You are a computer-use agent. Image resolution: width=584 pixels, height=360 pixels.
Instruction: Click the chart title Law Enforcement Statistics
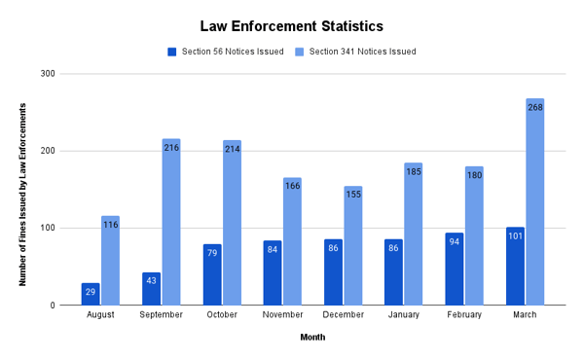tap(292, 25)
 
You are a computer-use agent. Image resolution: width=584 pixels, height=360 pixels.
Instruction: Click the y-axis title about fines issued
tap(22, 190)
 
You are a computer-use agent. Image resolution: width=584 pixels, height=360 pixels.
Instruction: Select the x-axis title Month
tap(311, 338)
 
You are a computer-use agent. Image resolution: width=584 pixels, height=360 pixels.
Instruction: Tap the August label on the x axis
tap(100, 315)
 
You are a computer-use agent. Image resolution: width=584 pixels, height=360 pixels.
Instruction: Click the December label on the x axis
tap(343, 315)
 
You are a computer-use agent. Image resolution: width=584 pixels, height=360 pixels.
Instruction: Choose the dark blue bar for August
tap(91, 295)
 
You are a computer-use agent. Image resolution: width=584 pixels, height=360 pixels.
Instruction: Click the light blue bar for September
tap(171, 223)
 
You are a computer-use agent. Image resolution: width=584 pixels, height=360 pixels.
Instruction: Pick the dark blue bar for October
tap(212, 275)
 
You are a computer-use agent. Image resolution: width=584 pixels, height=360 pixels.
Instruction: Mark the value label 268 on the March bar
tap(535, 107)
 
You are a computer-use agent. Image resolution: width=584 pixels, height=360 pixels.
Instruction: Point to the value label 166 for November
tap(292, 186)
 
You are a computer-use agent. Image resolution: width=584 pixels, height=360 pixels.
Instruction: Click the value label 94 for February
tap(455, 241)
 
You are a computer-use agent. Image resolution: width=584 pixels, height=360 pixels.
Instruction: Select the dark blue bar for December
tap(333, 272)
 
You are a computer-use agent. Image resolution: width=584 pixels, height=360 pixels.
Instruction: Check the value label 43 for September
tap(151, 280)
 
